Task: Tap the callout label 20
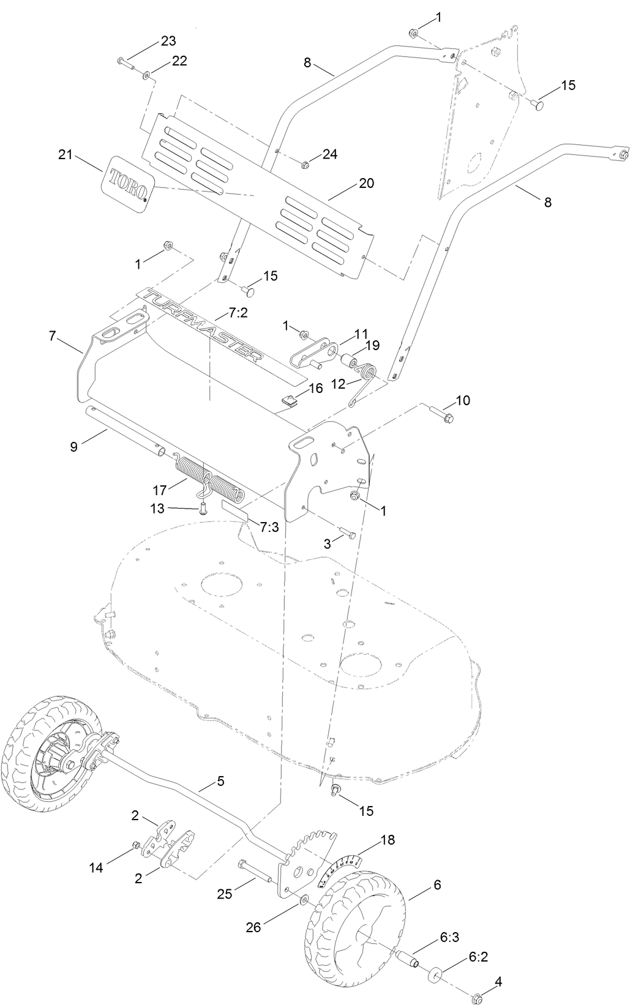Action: tap(367, 183)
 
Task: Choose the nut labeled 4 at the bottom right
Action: tap(479, 999)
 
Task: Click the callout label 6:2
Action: tap(478, 957)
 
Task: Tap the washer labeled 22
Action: tap(148, 75)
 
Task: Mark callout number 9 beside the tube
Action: tap(74, 447)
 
